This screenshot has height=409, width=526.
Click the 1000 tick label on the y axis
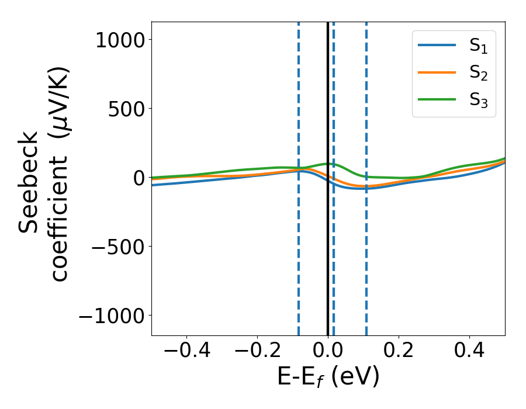(120, 40)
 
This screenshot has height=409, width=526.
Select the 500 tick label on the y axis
(128, 109)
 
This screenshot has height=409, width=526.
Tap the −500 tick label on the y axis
(120, 247)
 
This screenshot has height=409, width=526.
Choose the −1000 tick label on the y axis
(112, 316)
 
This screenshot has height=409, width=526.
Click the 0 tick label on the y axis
(139, 178)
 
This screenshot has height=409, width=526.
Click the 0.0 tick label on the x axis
(328, 352)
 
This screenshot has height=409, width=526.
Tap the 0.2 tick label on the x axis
(399, 352)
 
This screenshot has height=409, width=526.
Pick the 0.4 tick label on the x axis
(469, 352)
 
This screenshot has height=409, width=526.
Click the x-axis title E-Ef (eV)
(328, 377)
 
